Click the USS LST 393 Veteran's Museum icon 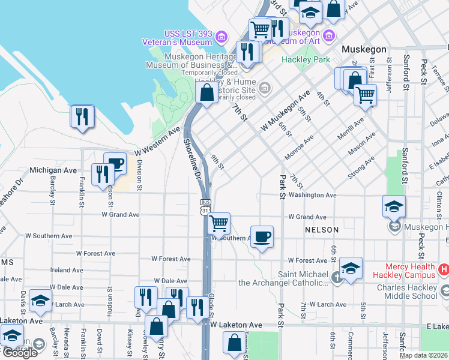[221, 38]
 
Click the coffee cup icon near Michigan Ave [115, 163]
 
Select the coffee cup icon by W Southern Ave [261, 236]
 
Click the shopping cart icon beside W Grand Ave [219, 223]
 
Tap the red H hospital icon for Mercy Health [444, 270]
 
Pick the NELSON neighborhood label [321, 230]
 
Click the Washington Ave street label [312, 195]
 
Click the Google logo [20, 352]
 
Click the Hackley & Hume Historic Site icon [264, 89]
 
